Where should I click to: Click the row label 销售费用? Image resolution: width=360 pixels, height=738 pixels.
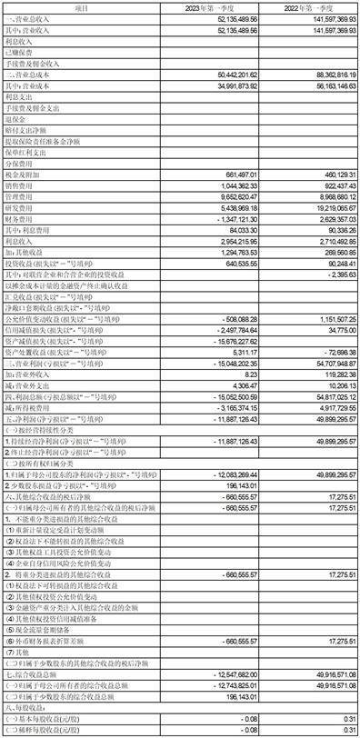(19, 185)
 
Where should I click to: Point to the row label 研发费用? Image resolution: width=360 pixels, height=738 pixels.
(19, 208)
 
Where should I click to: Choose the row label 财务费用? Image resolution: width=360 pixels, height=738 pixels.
(19, 219)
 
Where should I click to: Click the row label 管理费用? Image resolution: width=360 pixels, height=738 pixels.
(19, 196)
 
